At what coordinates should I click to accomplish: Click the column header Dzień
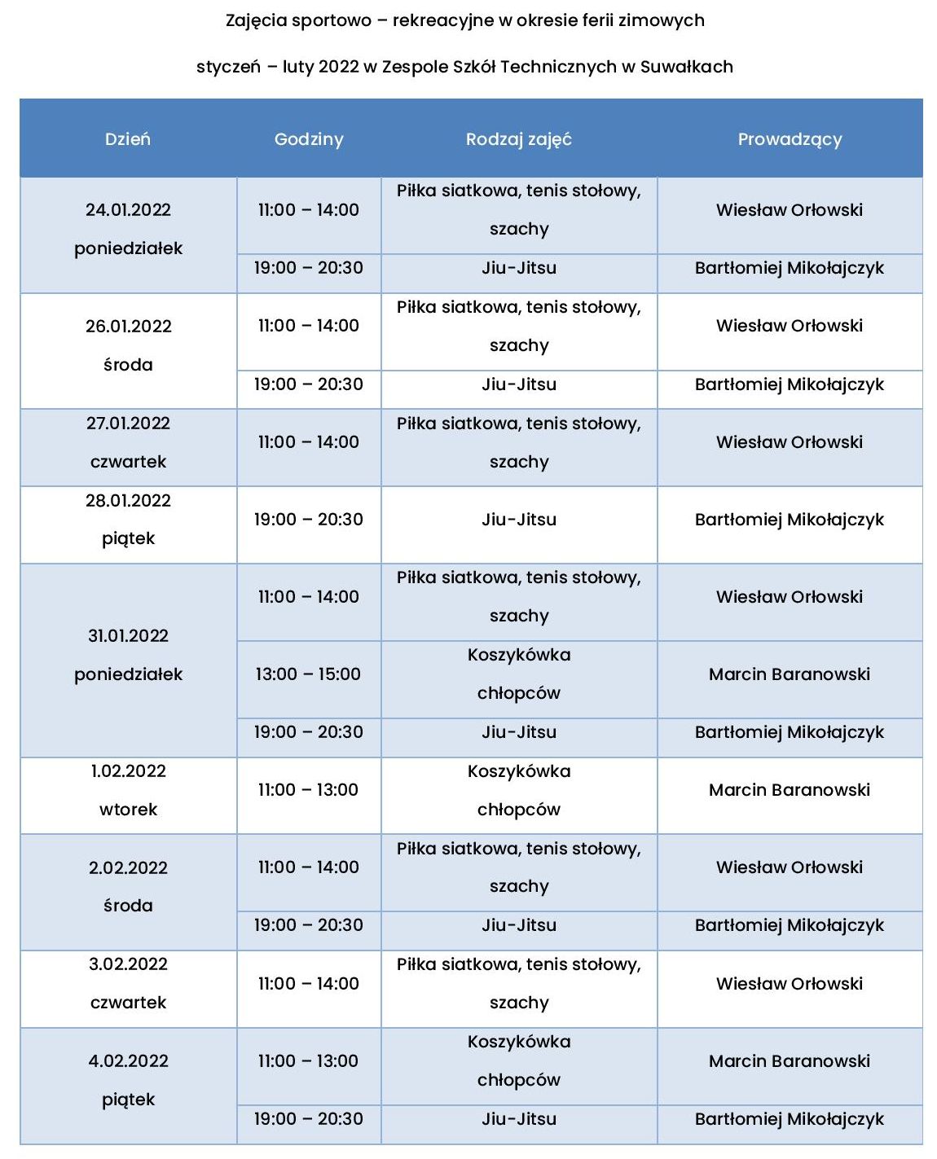click(x=128, y=139)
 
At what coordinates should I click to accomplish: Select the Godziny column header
click(x=309, y=139)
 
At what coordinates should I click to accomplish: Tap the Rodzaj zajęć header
click(x=519, y=139)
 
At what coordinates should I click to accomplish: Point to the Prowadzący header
click(x=790, y=139)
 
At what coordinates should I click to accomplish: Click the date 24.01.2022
click(x=128, y=210)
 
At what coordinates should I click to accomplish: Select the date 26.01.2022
click(x=128, y=327)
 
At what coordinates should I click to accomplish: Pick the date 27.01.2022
click(x=128, y=424)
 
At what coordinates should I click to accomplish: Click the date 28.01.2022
click(x=128, y=501)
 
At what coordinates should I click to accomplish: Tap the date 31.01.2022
click(x=128, y=636)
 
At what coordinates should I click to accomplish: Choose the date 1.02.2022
click(x=128, y=771)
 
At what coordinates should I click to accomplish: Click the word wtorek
click(x=128, y=810)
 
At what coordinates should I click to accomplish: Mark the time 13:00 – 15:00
click(x=308, y=674)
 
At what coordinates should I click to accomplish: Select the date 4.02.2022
click(x=128, y=1061)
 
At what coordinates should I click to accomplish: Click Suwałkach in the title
click(x=686, y=67)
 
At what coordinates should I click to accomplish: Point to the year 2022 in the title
click(x=338, y=67)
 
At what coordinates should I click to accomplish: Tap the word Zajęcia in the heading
click(x=256, y=21)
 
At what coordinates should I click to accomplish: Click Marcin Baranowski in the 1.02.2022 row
click(x=790, y=790)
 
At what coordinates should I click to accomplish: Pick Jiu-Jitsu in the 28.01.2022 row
click(x=519, y=520)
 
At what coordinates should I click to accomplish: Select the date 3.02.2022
click(x=128, y=964)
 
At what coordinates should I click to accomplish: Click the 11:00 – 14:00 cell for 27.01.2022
click(x=308, y=442)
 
